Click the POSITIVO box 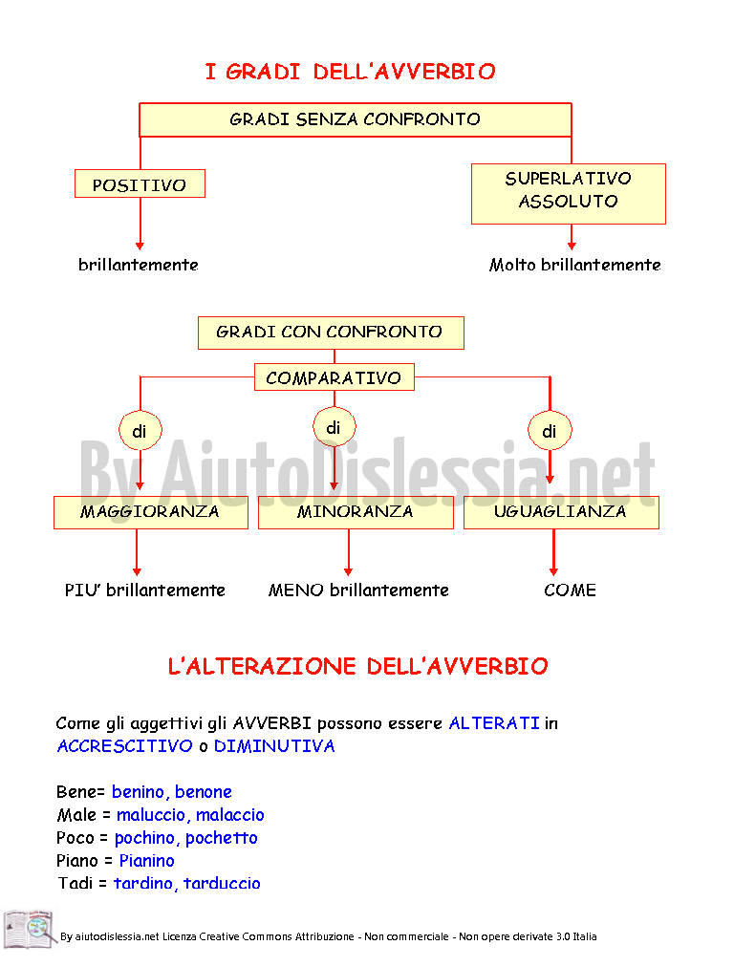[x=140, y=183]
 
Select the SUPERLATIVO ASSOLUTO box [x=568, y=194]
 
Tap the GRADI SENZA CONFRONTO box [x=356, y=119]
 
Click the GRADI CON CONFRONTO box [x=332, y=333]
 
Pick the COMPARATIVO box [x=335, y=376]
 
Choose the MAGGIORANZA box [x=151, y=512]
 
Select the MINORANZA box [x=356, y=512]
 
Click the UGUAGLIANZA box [x=561, y=512]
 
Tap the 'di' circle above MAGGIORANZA [x=140, y=430]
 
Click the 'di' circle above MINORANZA [x=335, y=427]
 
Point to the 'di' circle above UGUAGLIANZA [x=550, y=430]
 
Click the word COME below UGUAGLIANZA [x=570, y=591]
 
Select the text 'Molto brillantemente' [x=574, y=266]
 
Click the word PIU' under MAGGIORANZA [x=83, y=591]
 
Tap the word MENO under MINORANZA [x=296, y=591]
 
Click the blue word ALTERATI [x=494, y=722]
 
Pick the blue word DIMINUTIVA [x=274, y=746]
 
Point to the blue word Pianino [x=147, y=861]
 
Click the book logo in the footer [x=30, y=929]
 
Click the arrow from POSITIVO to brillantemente [x=140, y=224]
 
